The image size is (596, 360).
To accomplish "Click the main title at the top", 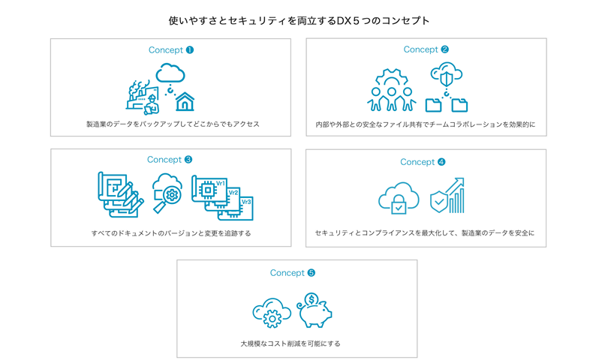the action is coord(299,21).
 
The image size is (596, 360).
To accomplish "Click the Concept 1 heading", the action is coord(170,50).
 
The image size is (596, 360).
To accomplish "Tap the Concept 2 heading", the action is coord(426,49).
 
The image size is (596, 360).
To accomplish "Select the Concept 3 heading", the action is coord(170,160).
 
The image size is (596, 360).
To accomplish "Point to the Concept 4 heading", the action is coord(423,162).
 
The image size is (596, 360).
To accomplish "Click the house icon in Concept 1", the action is coord(185,100).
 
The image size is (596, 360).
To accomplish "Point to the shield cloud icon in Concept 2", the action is coord(446,75).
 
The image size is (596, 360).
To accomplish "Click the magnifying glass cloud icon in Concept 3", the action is coord(167,192).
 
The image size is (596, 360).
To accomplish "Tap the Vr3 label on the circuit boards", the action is coord(246,202).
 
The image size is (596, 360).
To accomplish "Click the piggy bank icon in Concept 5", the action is coord(316,313).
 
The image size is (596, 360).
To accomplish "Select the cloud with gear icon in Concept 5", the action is coord(271,313).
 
